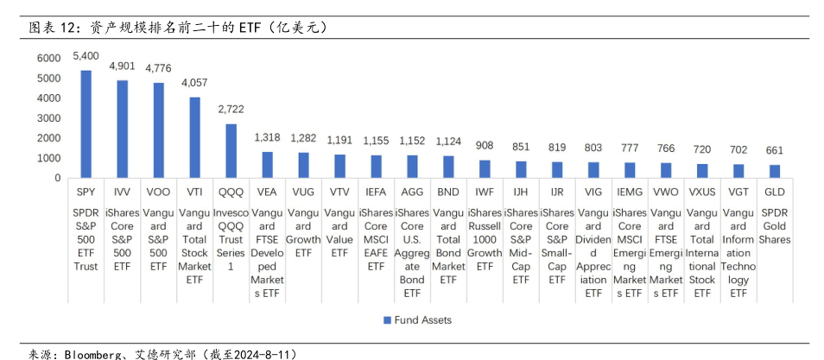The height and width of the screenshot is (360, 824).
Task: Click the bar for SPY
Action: tap(86, 124)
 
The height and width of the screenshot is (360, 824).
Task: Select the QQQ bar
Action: tap(231, 151)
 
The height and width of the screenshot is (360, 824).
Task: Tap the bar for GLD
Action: tap(775, 171)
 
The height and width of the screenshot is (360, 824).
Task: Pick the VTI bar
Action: tap(195, 137)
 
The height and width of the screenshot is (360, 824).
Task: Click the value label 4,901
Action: tap(122, 66)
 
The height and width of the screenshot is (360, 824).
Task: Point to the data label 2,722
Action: tap(231, 110)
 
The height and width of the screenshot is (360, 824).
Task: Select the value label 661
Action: tap(775, 151)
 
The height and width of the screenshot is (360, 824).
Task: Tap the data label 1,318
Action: tap(268, 137)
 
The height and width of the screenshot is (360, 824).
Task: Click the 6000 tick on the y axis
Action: tap(48, 58)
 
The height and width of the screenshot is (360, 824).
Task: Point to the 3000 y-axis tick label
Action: tap(48, 118)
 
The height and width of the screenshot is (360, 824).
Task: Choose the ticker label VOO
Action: tap(158, 192)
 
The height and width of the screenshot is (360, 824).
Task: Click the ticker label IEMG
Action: tap(630, 192)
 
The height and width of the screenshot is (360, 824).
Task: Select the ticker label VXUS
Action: tap(702, 192)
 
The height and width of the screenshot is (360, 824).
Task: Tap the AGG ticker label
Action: tap(412, 192)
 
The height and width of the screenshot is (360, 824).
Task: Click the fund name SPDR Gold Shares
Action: tap(775, 226)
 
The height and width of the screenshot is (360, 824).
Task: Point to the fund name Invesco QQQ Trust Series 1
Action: tap(231, 239)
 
